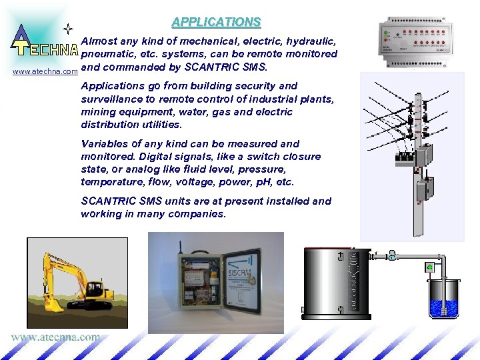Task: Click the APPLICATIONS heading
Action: [x=216, y=22]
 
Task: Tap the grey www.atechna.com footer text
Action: [x=55, y=337]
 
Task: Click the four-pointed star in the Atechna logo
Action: [x=67, y=29]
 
